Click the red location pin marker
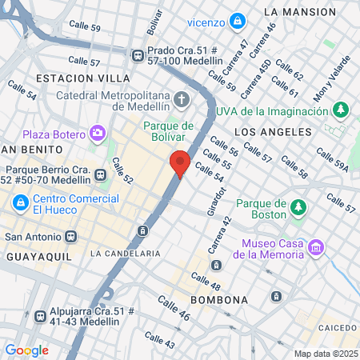(180, 163)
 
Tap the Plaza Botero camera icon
(98, 133)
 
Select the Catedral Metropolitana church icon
(182, 98)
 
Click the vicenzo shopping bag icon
(237, 20)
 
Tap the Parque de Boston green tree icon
(298, 208)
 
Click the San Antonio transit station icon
(71, 237)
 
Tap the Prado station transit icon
(138, 54)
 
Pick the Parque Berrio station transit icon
(101, 175)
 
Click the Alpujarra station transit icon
(41, 314)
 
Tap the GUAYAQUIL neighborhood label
(38, 256)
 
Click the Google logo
(26, 350)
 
